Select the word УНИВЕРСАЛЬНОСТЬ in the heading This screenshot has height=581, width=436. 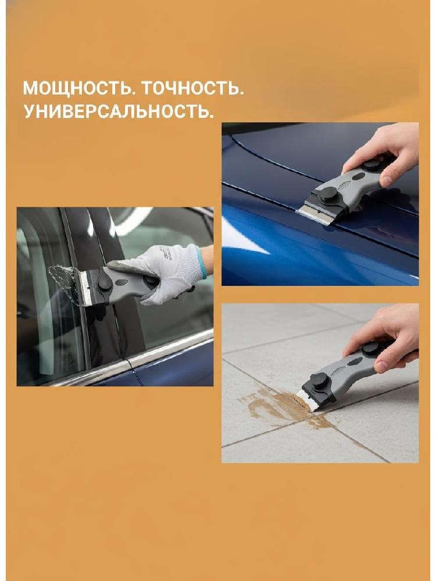(x=119, y=111)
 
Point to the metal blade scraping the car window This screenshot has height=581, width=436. (x=84, y=287)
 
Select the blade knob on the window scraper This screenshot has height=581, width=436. (x=104, y=284)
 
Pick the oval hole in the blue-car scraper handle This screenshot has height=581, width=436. (x=358, y=177)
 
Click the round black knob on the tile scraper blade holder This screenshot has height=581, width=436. (x=319, y=379)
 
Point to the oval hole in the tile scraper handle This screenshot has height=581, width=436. (x=355, y=361)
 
